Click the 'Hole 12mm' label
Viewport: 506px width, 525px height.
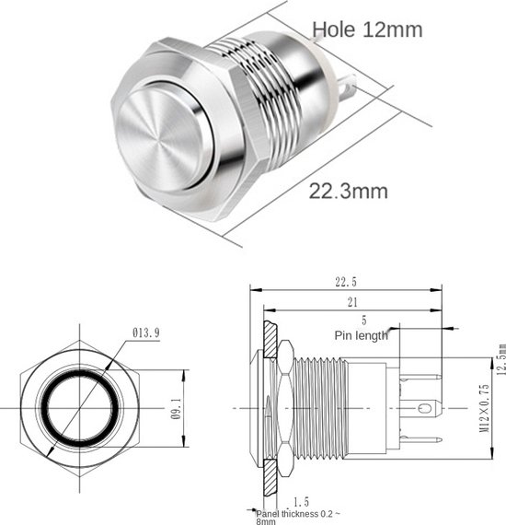367,29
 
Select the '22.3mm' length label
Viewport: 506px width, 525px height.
348,192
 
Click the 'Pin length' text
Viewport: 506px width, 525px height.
362,335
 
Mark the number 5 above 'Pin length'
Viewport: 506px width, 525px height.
363,321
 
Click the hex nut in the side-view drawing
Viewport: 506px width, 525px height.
285,406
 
